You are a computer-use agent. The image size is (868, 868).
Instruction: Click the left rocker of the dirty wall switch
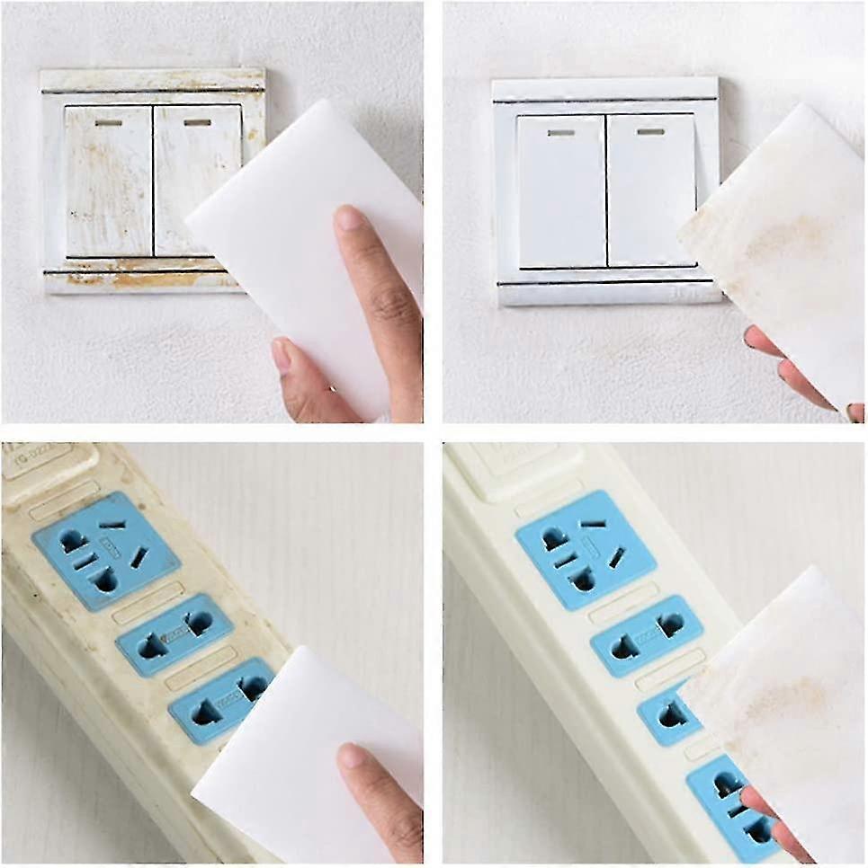(108, 180)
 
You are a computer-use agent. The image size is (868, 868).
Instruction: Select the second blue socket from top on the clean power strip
(646, 633)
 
